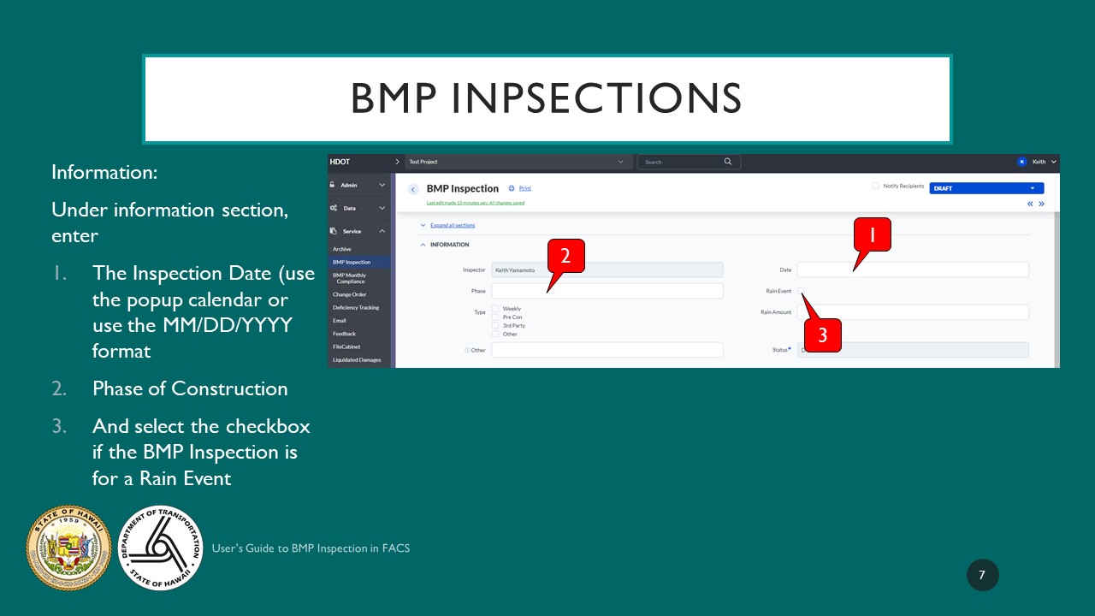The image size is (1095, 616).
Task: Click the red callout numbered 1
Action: (872, 234)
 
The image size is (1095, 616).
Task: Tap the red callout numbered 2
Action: (565, 256)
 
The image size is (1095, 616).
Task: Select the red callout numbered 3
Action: (822, 335)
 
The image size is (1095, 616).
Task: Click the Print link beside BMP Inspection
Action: (524, 188)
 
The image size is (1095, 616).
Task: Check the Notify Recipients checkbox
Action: (875, 186)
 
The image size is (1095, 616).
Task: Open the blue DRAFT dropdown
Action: (986, 188)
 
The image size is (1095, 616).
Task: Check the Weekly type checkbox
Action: (495, 308)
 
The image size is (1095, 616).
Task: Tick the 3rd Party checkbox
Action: (495, 325)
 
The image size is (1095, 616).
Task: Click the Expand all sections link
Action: (453, 225)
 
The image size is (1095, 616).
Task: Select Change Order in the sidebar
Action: (349, 294)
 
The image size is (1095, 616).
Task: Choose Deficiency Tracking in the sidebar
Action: (356, 307)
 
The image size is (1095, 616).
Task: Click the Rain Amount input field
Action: (913, 312)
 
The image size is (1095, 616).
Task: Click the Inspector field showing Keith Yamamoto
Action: (607, 269)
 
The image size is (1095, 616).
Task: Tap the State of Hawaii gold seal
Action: (69, 548)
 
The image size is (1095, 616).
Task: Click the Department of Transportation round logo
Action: (160, 548)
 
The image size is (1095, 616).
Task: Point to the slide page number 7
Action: (982, 575)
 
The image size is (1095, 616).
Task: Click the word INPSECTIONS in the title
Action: (595, 99)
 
